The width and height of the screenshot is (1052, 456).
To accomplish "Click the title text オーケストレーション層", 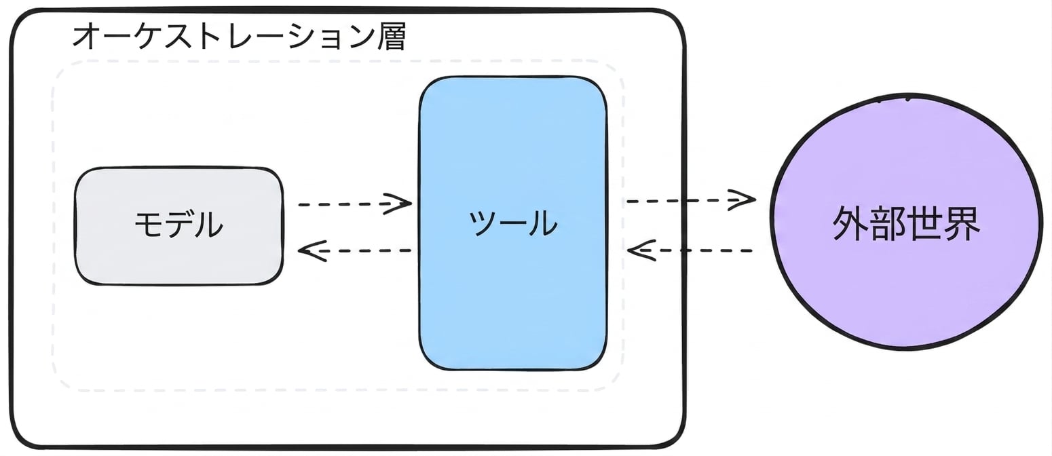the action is point(239,37).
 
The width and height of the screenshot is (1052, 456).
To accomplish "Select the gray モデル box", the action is point(179,226).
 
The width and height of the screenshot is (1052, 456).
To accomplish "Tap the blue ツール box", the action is point(513,223).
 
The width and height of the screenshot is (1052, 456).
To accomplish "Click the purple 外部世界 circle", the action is point(905,222).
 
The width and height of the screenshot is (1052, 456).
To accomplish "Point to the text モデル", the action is point(179,225).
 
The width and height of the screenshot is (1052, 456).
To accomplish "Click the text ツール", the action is point(513,223).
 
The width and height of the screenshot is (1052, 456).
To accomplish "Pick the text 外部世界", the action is point(906,223).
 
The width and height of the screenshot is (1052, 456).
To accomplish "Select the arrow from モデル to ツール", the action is point(355,204).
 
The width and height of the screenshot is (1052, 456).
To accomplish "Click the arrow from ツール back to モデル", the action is point(355,251).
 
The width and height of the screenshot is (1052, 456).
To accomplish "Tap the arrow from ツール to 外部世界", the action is point(691,201).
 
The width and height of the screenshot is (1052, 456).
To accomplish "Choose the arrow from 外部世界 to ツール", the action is point(690,251).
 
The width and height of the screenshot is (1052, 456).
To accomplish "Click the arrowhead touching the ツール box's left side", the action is point(398,204).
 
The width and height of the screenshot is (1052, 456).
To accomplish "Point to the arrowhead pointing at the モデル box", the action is point(312,251).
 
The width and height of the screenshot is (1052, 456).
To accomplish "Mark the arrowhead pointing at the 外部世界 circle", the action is point(742,200).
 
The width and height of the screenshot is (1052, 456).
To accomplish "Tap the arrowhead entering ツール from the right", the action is point(641,251).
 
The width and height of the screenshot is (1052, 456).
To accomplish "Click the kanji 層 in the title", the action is point(392,37).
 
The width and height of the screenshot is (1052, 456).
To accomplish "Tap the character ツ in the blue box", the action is point(484,223).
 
